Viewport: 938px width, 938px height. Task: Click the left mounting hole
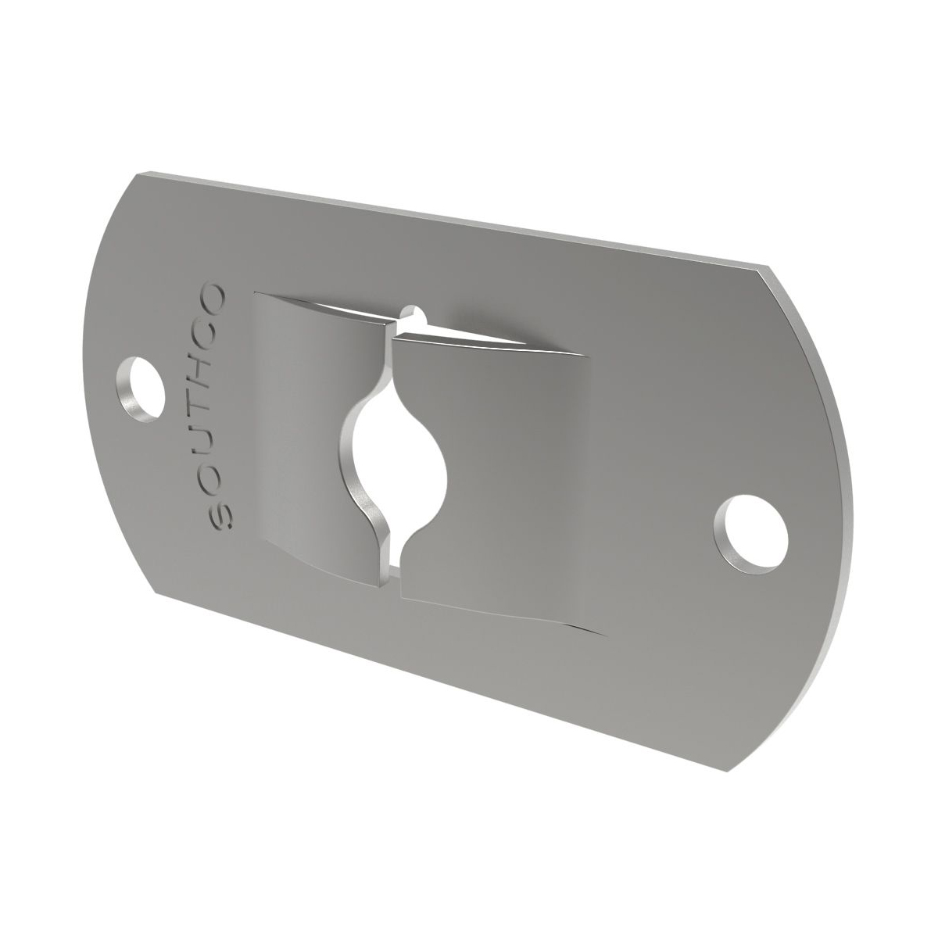click(x=141, y=389)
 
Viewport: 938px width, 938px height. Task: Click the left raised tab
click(x=313, y=430)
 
